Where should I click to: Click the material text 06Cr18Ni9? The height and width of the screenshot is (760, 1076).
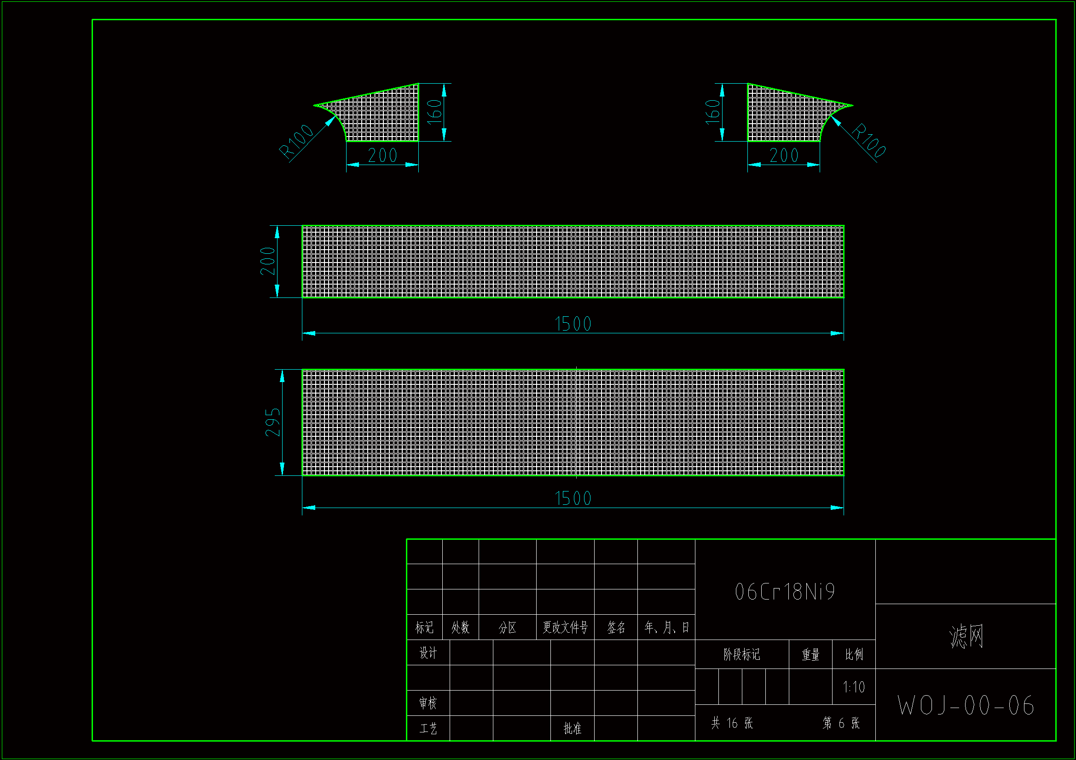[x=785, y=592]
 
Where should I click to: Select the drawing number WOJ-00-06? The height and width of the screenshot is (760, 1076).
[x=966, y=705]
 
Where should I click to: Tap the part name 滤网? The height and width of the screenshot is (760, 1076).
[x=966, y=636]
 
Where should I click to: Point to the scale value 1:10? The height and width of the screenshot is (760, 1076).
[x=853, y=687]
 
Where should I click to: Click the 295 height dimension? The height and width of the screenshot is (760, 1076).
[x=273, y=423]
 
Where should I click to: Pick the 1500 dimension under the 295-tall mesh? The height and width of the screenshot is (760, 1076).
[x=573, y=498]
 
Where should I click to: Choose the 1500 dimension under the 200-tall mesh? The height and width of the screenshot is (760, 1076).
[x=573, y=324]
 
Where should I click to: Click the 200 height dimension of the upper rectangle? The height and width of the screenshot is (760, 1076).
[x=267, y=261]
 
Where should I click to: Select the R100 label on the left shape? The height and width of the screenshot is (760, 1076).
[x=296, y=141]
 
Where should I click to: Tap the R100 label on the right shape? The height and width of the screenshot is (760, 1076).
[x=869, y=140]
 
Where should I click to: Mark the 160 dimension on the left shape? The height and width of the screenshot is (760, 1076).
[x=434, y=111]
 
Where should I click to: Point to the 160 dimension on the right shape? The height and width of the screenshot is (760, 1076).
[x=713, y=111]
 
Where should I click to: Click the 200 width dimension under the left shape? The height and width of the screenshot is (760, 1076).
[x=382, y=155]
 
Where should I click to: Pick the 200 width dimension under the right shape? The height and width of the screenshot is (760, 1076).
[x=784, y=155]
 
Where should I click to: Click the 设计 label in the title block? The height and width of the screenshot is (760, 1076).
[x=428, y=653]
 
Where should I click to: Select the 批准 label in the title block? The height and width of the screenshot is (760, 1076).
[x=572, y=728]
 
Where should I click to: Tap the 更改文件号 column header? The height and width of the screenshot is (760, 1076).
[x=565, y=628]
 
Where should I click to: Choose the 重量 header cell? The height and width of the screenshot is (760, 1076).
[x=810, y=654]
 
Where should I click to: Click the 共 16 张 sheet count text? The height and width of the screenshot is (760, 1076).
[x=732, y=723]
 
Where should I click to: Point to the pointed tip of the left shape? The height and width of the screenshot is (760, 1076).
[x=314, y=105]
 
